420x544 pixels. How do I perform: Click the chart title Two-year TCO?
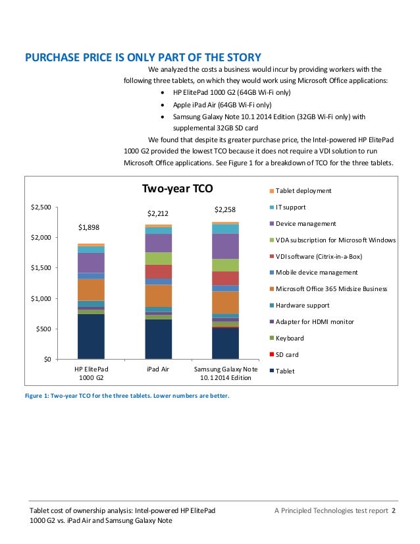pos(178,189)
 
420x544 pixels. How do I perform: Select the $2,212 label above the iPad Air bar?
pos(158,213)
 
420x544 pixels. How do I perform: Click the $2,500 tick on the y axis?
pos(41,207)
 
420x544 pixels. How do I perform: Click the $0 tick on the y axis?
pos(47,359)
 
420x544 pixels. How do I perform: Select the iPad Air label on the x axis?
pos(158,369)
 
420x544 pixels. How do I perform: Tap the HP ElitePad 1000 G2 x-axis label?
pos(90,373)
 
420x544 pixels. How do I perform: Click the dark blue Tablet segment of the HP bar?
pos(90,337)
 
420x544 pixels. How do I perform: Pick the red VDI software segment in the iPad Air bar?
pos(158,271)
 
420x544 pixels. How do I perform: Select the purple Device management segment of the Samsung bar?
pos(226,246)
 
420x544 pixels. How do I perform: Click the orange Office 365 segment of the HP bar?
pos(90,289)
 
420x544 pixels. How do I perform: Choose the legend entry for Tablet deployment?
pos(303,191)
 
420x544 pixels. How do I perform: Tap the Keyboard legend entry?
pos(289,338)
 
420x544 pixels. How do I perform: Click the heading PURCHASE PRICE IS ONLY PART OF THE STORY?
pos(143,57)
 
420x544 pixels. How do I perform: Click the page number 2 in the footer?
pos(394,511)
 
